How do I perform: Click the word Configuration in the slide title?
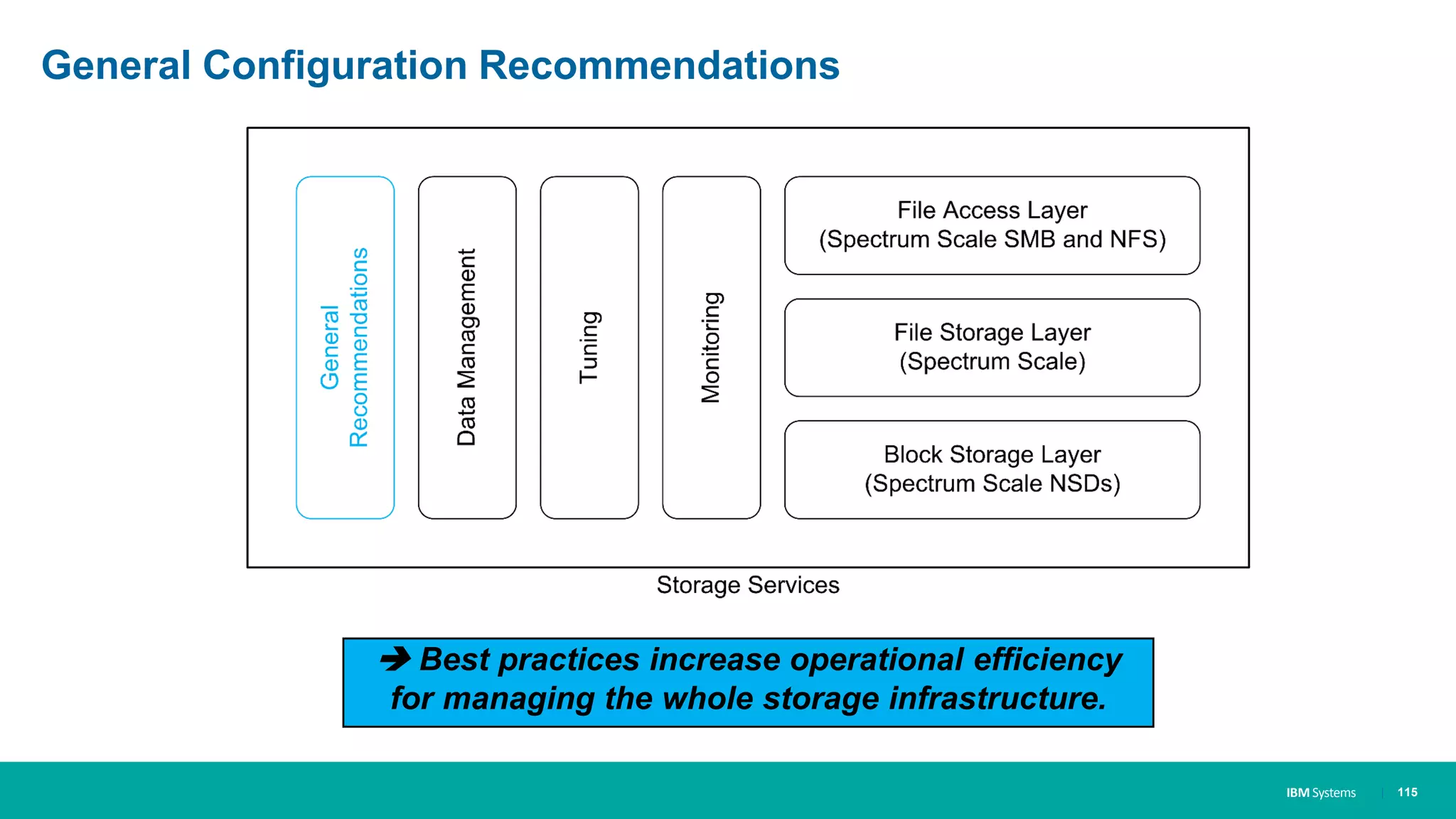pos(334,65)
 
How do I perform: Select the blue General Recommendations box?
pos(345,348)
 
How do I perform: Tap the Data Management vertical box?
pos(467,348)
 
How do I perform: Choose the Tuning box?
pos(589,348)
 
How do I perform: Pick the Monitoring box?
pos(711,348)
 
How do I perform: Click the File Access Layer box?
pos(992,225)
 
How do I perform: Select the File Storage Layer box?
pos(992,348)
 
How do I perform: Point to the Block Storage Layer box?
pos(992,469)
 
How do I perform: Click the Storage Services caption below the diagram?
pos(748,585)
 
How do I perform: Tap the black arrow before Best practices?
pos(395,659)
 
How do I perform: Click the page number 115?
pos(1407,792)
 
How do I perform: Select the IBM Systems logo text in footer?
pos(1321,793)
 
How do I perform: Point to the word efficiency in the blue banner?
pos(1048,660)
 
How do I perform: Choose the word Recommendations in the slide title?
pos(659,65)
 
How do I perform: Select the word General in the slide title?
pos(117,65)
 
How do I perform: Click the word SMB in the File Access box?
pos(1029,240)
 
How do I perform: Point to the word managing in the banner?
pos(519,698)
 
